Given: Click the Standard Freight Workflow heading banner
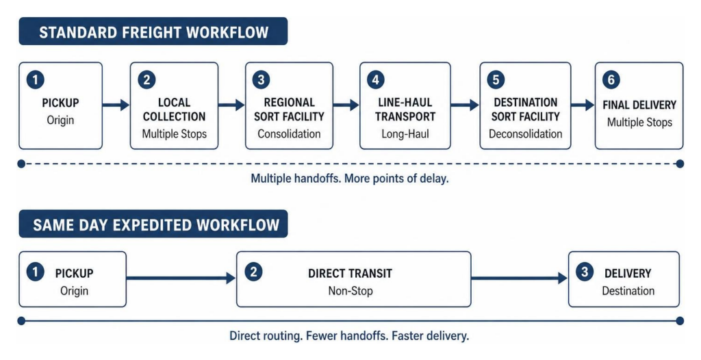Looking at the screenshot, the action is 153,31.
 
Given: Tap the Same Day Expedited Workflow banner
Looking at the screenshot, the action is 153,224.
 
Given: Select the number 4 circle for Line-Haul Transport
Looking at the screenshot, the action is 376,80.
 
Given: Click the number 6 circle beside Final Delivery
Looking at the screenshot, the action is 611,80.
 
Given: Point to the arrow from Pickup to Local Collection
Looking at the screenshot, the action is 116,105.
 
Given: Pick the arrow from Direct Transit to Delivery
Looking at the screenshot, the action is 519,278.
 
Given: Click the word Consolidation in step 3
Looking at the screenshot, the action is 289,133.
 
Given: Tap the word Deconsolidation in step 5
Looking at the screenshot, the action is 525,133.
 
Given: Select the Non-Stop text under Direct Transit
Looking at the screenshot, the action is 350,291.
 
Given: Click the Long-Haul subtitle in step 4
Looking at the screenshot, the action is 405,133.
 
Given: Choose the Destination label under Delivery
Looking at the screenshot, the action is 628,291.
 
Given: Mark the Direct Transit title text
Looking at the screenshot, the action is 350,273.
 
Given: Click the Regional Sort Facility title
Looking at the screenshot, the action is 289,109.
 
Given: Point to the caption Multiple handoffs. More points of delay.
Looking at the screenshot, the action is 350,179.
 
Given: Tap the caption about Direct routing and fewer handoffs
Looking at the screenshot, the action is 350,335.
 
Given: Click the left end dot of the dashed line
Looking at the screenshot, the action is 21,164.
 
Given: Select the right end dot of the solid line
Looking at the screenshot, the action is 680,320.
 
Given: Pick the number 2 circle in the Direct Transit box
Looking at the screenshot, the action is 253,272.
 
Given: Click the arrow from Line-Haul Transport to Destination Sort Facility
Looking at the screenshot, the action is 465,105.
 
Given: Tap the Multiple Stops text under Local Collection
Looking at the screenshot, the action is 175,133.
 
